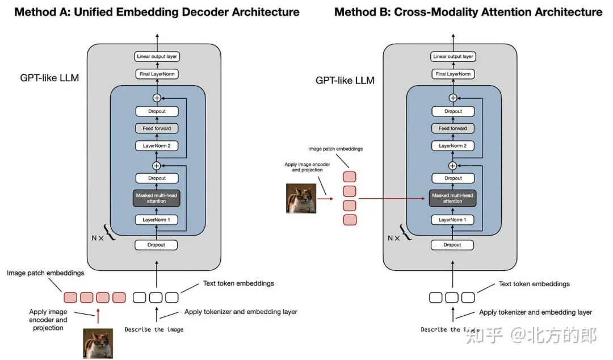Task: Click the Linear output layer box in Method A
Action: (x=157, y=56)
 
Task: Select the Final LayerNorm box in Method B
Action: (x=453, y=74)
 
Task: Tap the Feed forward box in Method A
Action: (x=157, y=128)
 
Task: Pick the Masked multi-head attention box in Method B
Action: (x=452, y=198)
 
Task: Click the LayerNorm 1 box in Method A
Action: (x=157, y=220)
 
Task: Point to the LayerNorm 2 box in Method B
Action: (x=453, y=146)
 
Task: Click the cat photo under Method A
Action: (x=98, y=343)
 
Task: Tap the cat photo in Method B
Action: (x=301, y=198)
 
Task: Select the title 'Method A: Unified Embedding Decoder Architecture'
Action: (x=157, y=12)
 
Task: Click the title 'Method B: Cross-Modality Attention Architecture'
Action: (x=468, y=12)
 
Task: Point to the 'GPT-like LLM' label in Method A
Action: (x=49, y=78)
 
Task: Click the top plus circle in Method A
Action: (x=157, y=98)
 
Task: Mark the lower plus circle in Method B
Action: (x=453, y=165)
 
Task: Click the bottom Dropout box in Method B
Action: (x=452, y=245)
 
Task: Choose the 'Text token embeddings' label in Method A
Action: (x=238, y=283)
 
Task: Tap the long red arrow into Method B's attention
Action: (x=392, y=199)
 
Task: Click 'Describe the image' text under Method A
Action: (x=154, y=329)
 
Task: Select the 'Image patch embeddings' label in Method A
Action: (x=45, y=273)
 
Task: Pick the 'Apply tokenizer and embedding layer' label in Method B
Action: (x=535, y=312)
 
